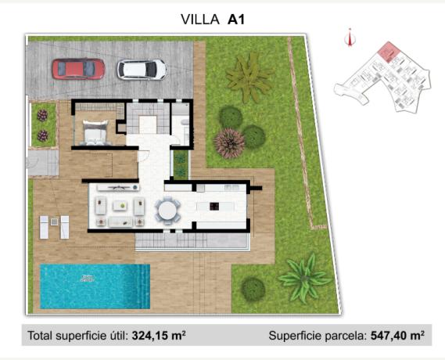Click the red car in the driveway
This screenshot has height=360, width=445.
78,69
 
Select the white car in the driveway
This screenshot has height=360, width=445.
142,70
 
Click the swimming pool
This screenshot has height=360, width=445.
94,286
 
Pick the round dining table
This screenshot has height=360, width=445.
167,210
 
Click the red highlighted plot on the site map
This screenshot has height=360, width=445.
386,52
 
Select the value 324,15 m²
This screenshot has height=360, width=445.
159,336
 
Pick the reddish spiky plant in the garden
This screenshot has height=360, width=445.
229,142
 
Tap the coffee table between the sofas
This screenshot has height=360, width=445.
120,206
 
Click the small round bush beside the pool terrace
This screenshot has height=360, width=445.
253,288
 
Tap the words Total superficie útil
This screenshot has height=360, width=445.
77,336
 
